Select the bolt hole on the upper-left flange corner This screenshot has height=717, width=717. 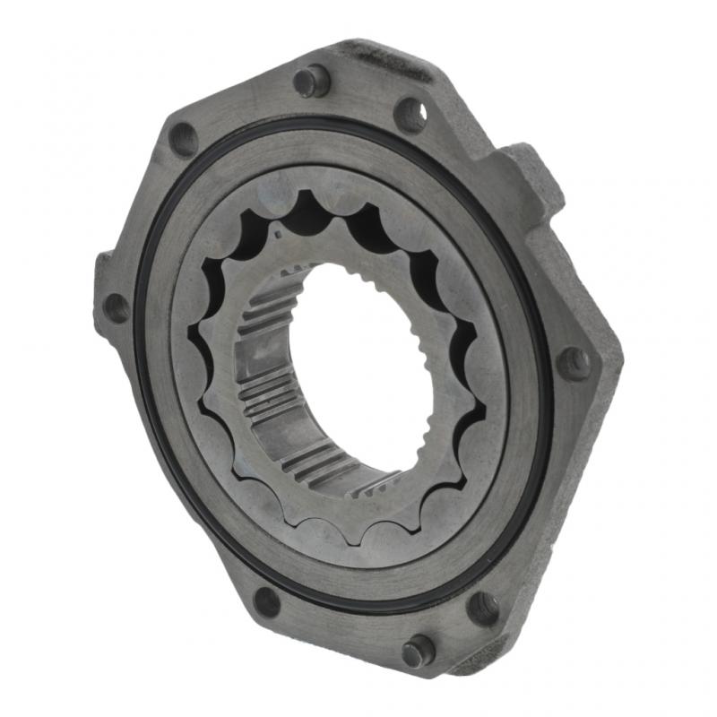tap(183, 139)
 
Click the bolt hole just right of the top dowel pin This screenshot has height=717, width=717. tap(410, 114)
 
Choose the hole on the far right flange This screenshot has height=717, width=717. tap(574, 363)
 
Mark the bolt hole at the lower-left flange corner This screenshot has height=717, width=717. tap(266, 600)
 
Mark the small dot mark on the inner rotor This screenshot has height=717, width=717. tap(279, 235)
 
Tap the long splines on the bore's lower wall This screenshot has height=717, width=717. tap(305, 448)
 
